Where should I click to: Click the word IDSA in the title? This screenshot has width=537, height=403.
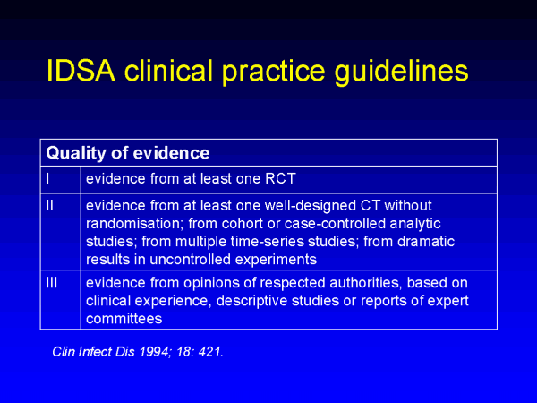pos(81,70)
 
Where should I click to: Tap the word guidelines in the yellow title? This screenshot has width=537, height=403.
pos(401,73)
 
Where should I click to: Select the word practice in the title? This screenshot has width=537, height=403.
pos(273,73)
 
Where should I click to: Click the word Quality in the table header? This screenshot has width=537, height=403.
pos(76,153)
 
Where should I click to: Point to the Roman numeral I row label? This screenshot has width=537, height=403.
pos(47,178)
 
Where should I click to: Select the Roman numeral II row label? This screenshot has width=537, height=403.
pos(49,205)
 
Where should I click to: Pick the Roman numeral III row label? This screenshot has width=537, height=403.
pos(52,283)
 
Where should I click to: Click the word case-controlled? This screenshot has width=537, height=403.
pos(335,224)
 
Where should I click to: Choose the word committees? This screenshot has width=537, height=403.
pos(124,319)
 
